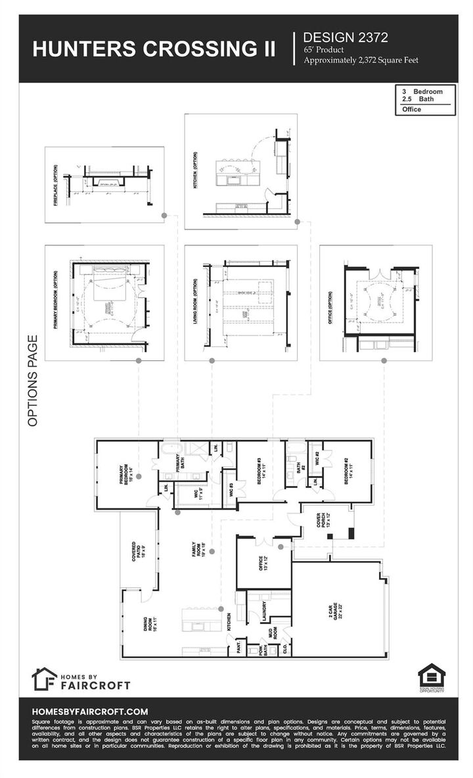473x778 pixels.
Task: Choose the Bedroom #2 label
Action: [x=348, y=472]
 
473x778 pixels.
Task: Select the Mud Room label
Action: [x=269, y=634]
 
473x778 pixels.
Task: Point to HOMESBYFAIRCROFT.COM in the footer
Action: [x=89, y=712]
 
